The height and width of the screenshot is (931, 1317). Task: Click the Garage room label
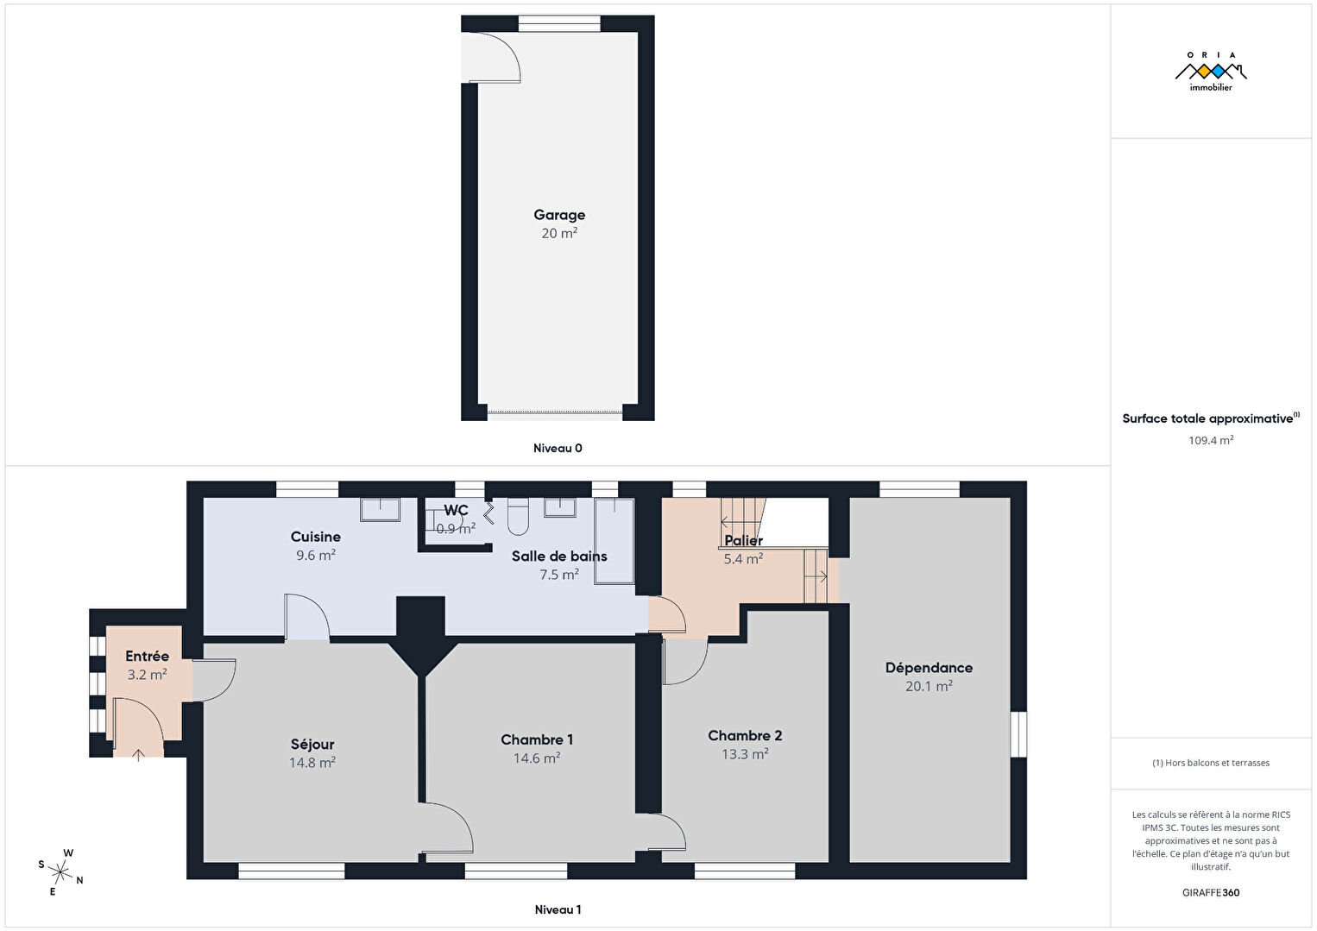559,215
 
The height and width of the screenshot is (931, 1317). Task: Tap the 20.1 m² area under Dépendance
929,686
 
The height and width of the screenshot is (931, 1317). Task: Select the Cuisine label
316,537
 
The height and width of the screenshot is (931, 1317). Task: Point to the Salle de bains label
559,556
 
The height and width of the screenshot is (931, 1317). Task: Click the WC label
456,510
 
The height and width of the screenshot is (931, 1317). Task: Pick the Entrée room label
147,656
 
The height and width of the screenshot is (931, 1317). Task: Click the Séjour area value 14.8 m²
312,762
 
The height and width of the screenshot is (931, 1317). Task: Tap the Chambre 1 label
537,739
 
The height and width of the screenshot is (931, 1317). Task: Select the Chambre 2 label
745,735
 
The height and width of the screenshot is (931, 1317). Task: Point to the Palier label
744,540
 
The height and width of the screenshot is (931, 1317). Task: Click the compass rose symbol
60,872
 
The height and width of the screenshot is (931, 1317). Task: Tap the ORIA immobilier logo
1211,72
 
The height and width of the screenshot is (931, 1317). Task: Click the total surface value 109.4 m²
1211,440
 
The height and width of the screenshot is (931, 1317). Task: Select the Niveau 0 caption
558,448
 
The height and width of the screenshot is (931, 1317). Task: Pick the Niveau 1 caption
558,909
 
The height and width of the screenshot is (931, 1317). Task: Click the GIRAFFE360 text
1211,893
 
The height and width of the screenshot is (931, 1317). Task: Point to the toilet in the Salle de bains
518,517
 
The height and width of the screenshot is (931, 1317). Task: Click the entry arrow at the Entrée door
138,755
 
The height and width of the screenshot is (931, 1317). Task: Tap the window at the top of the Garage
559,23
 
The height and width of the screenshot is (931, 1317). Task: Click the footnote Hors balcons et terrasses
1211,763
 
